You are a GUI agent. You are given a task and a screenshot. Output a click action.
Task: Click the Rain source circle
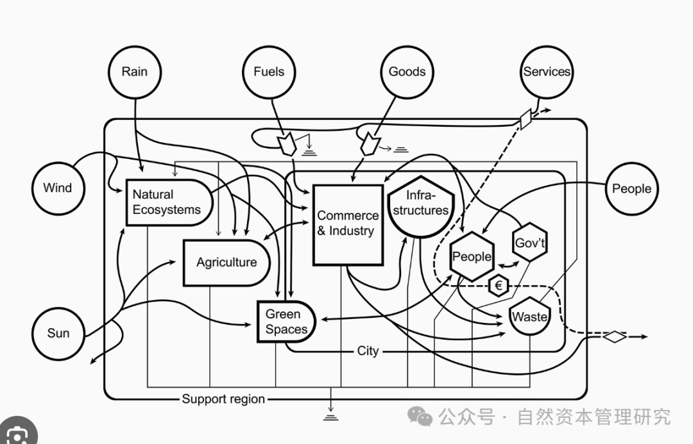tap(134, 72)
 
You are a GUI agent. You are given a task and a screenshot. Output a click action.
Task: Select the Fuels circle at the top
tap(269, 72)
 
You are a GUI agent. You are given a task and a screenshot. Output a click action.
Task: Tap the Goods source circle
tap(407, 72)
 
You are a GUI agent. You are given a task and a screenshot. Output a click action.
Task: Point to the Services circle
tap(546, 72)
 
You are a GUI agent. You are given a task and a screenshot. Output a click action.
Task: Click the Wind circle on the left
tap(58, 188)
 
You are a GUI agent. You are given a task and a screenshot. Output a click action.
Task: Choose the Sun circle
tap(58, 333)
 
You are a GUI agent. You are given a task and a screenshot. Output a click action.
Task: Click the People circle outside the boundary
tap(631, 189)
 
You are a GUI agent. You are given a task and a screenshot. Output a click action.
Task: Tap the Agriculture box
tap(226, 263)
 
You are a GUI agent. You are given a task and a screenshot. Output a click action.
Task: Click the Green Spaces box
tap(286, 322)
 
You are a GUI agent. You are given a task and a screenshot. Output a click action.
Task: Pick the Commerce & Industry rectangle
tap(347, 224)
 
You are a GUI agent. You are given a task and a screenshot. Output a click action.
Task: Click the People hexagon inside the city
tap(472, 257)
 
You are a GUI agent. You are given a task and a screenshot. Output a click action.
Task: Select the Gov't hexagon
tap(531, 243)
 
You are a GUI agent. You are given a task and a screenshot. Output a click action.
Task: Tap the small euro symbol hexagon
tap(499, 286)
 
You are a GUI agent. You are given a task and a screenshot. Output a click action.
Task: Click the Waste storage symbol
tap(529, 317)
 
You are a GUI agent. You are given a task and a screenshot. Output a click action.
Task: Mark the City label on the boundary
tap(368, 351)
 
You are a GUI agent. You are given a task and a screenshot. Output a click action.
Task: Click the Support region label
tap(223, 399)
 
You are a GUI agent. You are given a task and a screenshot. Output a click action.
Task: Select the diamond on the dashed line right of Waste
tap(615, 336)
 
